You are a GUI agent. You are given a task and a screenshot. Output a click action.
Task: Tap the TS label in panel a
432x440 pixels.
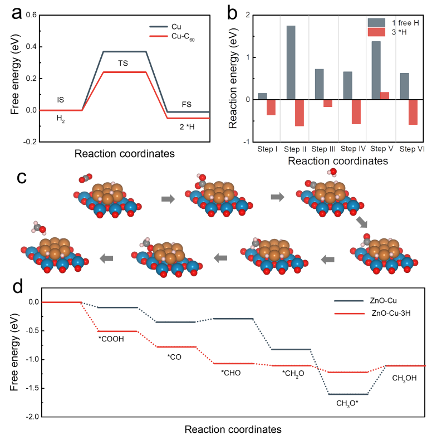pyautogui.click(x=123, y=63)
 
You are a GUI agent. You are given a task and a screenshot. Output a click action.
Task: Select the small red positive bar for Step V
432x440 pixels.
pyautogui.click(x=384, y=96)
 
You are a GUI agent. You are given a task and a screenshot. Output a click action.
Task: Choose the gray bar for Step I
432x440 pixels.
pyautogui.click(x=263, y=96)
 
